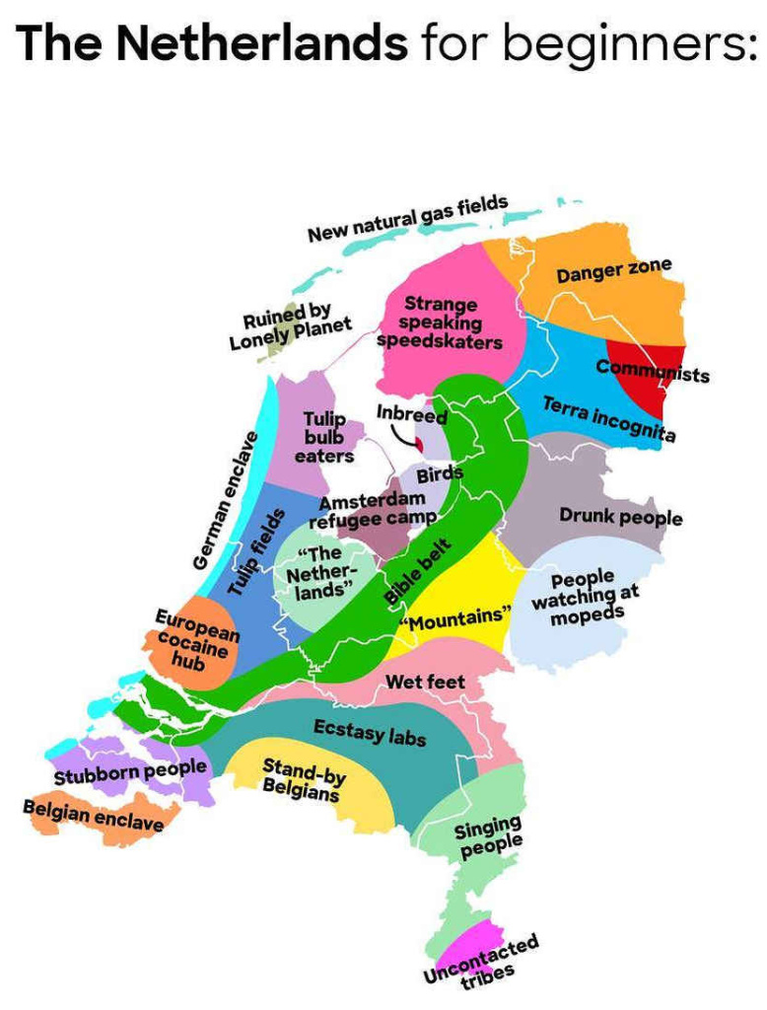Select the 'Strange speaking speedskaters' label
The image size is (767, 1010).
pos(440,323)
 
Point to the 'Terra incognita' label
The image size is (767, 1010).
pos(608,419)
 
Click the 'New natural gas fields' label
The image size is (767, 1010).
pos(407,219)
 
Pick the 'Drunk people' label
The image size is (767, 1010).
pos(620,516)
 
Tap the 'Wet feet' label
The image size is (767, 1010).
pos(425,682)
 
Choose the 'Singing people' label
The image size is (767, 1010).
pos(488,837)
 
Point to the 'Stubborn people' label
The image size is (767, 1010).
pos(130,771)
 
